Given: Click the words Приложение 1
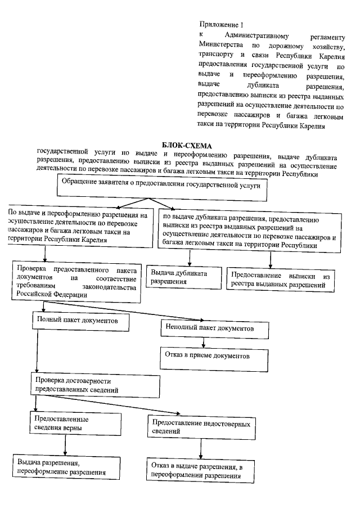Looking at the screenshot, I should tap(222, 24).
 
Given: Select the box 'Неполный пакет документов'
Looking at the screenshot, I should tap(209, 328).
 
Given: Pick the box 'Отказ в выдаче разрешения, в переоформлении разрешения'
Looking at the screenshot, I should tap(197, 471).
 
